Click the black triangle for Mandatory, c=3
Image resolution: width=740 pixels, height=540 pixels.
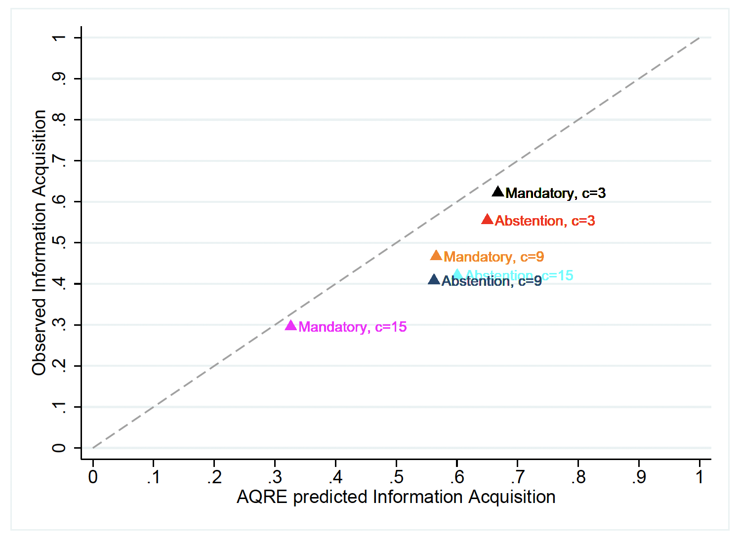[x=498, y=192]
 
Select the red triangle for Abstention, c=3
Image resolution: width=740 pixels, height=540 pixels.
[x=488, y=220]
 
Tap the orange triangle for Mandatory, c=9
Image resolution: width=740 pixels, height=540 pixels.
[x=436, y=256]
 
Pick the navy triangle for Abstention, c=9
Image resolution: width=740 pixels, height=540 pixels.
[x=434, y=280]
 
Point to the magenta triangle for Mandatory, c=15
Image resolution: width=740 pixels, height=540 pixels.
[x=291, y=326]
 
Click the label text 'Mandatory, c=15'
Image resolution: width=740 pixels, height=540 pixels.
[x=353, y=327]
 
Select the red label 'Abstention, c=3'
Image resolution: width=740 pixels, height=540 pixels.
[x=545, y=221]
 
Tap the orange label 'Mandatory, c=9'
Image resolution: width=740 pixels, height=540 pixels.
[x=494, y=257]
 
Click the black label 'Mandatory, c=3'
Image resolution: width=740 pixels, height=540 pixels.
[x=556, y=193]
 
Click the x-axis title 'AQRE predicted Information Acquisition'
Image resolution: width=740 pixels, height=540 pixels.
[x=396, y=497]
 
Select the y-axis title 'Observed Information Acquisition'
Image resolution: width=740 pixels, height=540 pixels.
[x=39, y=243]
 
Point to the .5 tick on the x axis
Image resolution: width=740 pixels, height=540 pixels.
[x=396, y=477]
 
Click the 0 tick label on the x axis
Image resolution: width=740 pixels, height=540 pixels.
[x=93, y=477]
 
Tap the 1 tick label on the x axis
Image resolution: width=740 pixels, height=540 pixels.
[x=699, y=477]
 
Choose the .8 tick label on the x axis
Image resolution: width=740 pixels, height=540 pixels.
[x=578, y=477]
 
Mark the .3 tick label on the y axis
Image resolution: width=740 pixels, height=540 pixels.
[x=59, y=325]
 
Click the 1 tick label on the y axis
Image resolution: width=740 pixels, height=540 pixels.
[x=59, y=38]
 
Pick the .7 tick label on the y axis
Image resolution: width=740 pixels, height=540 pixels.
[x=59, y=161]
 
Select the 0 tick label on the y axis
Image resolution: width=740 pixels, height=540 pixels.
[x=59, y=448]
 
